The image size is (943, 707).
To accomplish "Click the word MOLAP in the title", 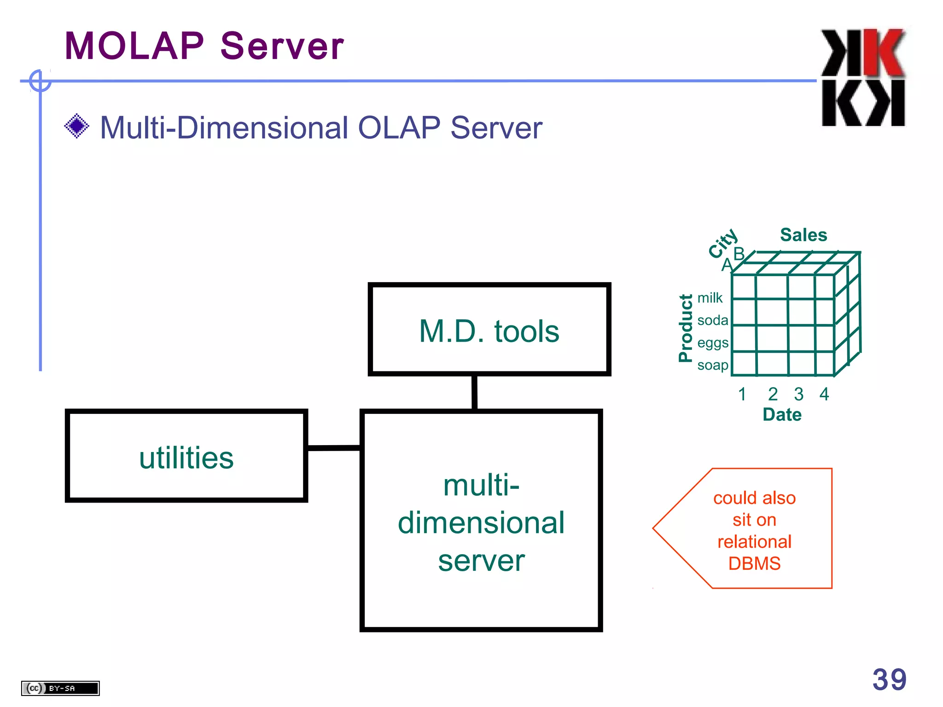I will coord(134,46).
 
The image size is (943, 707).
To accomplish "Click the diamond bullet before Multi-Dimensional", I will coord(77,126).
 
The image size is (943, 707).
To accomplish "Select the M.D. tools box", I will coord(489,330).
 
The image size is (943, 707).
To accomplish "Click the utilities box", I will coord(186,456).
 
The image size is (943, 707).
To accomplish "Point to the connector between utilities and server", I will coord(333,447).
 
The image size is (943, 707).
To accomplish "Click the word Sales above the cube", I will coord(803,235).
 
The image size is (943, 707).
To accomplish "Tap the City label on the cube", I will coord(723,243).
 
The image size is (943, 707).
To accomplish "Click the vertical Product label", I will coord(686,328).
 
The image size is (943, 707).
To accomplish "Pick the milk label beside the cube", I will coord(710,298).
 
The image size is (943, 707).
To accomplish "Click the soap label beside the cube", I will coord(712,365).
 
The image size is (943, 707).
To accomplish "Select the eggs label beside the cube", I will coord(712,343).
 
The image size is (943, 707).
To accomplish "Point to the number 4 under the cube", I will coord(824,394).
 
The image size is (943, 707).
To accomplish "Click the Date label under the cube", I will coord(782,415).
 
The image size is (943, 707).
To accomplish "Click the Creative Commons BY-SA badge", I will coord(60,688).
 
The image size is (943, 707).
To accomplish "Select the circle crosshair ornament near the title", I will coord(40,81).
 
